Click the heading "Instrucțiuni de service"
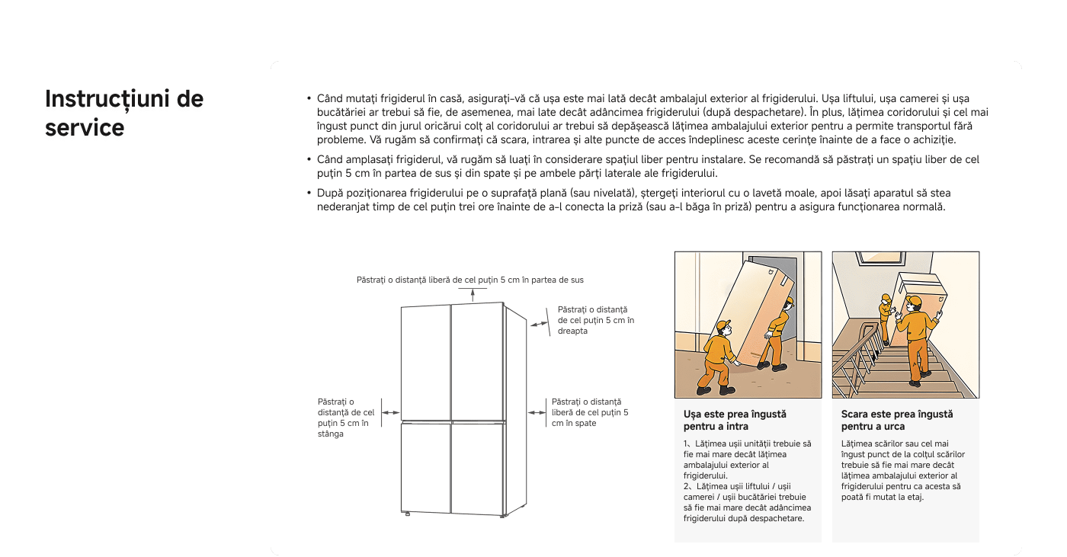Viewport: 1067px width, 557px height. [124, 114]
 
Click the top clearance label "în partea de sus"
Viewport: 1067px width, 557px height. [469, 280]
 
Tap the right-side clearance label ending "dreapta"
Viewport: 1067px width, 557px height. [595, 320]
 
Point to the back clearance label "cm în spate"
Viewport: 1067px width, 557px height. [589, 412]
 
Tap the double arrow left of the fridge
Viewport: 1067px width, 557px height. [390, 412]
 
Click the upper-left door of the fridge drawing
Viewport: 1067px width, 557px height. [425, 362]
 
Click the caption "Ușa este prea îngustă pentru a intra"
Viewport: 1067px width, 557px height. [735, 420]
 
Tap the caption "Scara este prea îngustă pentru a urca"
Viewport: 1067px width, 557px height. [897, 420]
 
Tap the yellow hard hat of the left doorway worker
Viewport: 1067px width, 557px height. [722, 326]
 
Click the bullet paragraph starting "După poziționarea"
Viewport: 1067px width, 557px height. [631, 200]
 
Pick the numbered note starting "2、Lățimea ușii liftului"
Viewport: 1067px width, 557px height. [748, 502]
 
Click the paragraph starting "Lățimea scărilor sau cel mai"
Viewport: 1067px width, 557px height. [902, 469]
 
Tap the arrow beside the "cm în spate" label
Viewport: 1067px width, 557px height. [538, 412]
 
